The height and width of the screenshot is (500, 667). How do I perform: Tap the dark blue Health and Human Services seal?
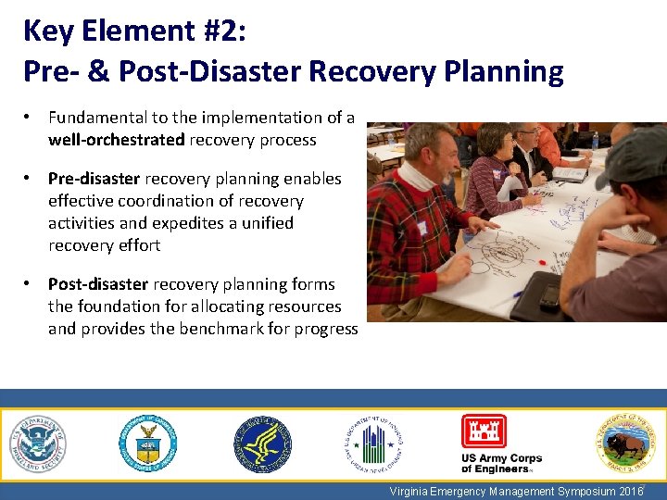tap(261, 444)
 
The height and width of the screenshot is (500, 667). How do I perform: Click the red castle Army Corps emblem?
tap(484, 431)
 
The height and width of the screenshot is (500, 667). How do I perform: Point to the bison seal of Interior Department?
tap(623, 443)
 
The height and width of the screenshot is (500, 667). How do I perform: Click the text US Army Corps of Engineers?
tap(501, 464)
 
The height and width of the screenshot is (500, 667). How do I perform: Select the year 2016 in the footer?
tap(628, 492)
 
